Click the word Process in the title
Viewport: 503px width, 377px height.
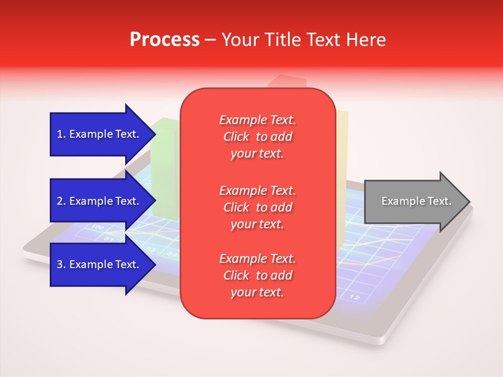(x=165, y=40)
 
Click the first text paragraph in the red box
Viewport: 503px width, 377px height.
(x=257, y=137)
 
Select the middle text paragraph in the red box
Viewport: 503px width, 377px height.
(x=257, y=207)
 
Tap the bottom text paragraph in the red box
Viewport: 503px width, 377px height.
(x=257, y=275)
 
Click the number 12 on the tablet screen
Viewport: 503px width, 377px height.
(x=355, y=297)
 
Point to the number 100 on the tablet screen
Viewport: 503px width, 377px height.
(x=98, y=227)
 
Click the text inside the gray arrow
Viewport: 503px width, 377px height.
(x=417, y=201)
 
